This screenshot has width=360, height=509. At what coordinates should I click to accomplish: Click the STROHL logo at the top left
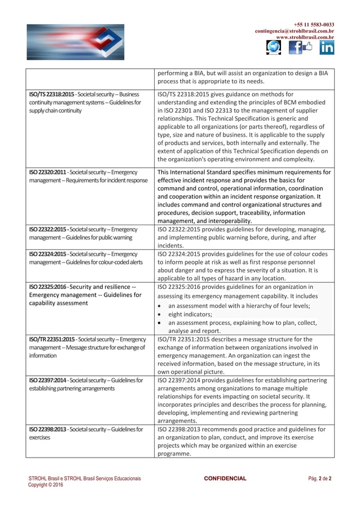click(x=75, y=41)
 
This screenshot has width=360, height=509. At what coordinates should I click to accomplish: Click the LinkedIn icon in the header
click(x=326, y=48)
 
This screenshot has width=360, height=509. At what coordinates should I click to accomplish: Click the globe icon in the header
click(x=274, y=48)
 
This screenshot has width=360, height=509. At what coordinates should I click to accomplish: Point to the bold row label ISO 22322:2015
click(x=48, y=230)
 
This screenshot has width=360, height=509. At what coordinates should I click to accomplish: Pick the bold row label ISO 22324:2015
click(x=48, y=254)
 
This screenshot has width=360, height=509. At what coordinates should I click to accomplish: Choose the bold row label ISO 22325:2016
click(x=48, y=287)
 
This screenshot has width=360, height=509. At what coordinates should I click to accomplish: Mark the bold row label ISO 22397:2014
click(x=48, y=380)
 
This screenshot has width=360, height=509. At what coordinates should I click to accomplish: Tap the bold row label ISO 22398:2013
click(x=48, y=429)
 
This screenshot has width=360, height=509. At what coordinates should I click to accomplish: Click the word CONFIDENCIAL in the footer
click(x=225, y=479)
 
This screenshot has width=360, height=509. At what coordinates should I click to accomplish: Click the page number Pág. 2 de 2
click(x=320, y=479)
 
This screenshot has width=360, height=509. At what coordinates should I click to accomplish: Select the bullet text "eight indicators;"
click(x=190, y=314)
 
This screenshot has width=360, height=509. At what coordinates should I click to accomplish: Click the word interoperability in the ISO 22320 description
click(x=230, y=221)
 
